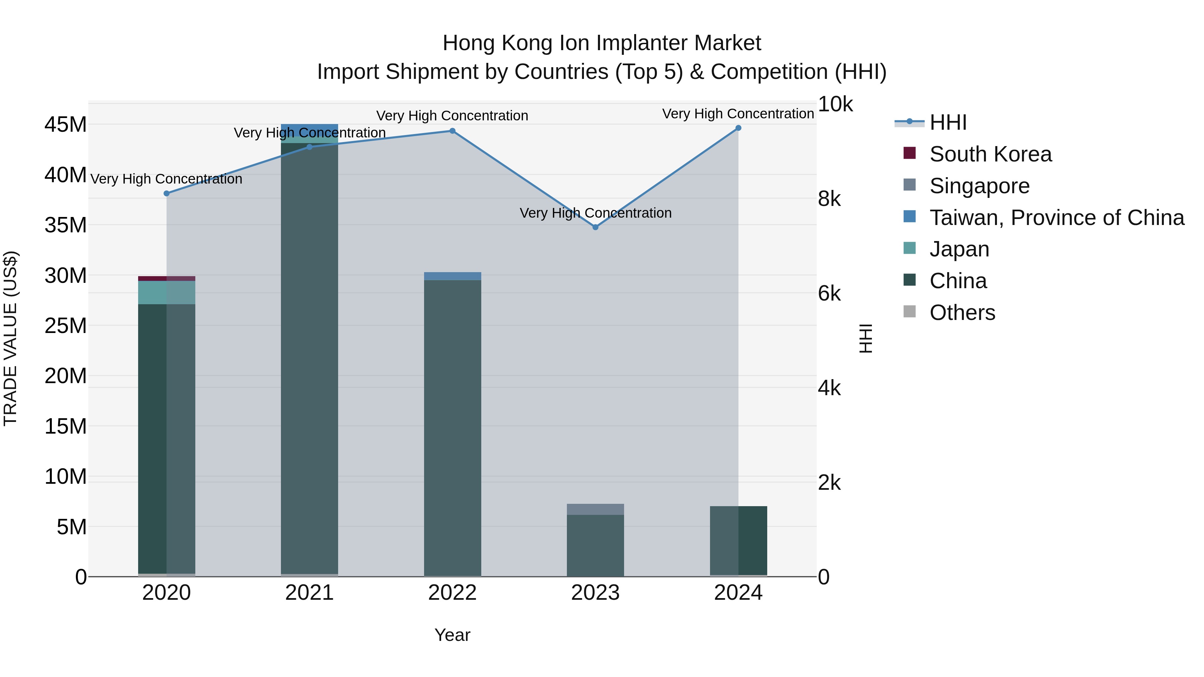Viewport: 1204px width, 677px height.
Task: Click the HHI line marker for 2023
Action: [595, 227]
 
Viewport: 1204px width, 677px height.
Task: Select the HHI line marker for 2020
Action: [167, 194]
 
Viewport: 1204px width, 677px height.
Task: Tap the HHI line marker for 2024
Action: [738, 128]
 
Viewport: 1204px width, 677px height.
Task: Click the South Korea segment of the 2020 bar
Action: [167, 278]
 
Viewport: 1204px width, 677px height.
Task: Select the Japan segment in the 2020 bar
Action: [167, 293]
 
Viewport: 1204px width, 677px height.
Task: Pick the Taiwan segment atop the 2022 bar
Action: [452, 276]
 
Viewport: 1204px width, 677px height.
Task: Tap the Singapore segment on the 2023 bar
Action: [595, 509]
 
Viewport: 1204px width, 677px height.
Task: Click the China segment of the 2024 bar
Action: [738, 541]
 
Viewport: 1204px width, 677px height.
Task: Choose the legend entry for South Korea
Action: [990, 154]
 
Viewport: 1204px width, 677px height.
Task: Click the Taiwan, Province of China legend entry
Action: [1056, 218]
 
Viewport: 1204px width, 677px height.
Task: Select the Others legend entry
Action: [962, 313]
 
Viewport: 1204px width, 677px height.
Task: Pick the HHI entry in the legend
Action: [948, 122]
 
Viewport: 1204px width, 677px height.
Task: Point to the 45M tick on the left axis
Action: [66, 125]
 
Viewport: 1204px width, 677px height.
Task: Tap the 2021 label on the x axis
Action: [309, 593]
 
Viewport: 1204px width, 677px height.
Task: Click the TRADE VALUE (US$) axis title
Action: [10, 338]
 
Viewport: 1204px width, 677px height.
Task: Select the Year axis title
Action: [452, 635]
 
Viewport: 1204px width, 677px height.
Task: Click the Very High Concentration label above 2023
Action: [595, 213]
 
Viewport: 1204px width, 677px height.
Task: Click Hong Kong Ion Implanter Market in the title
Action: [602, 43]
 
